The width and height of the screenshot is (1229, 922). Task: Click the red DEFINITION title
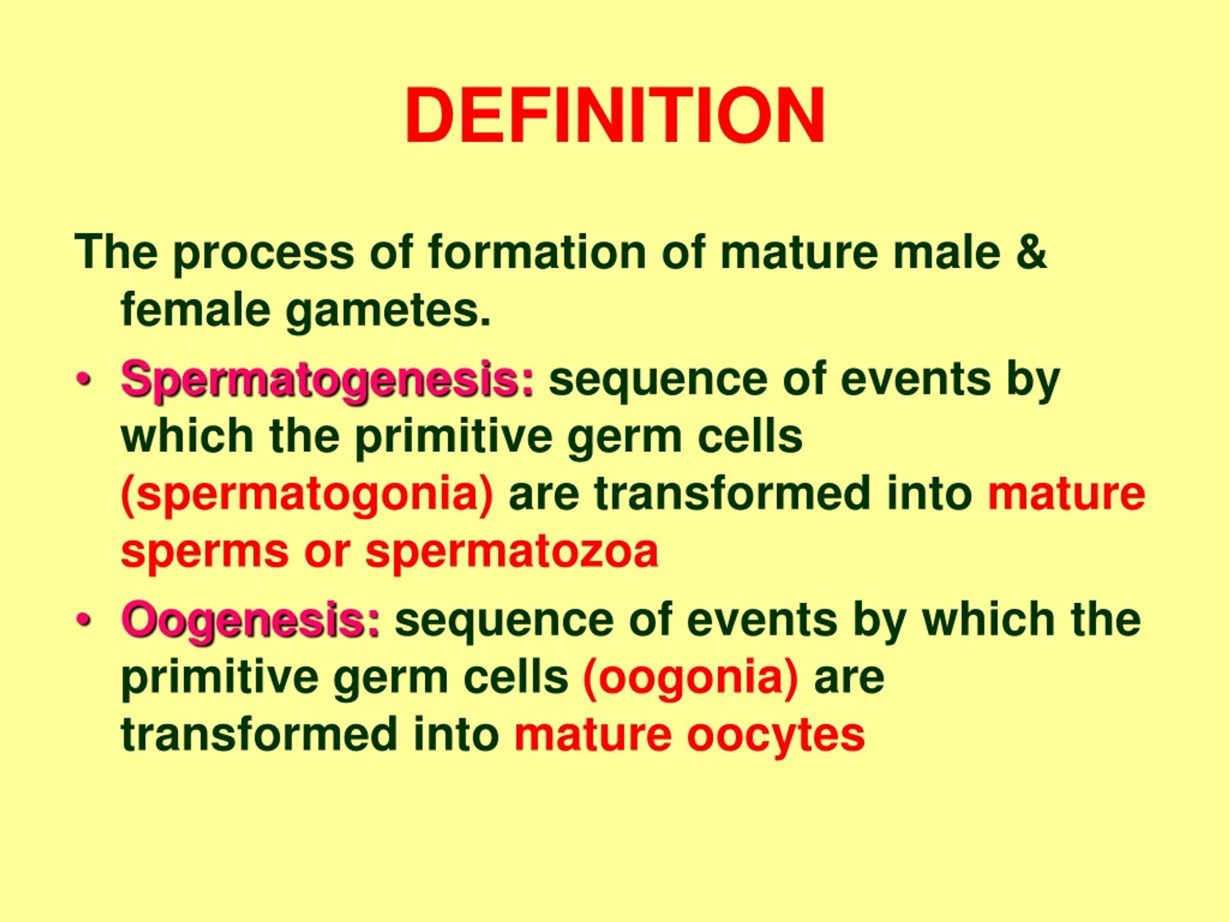coord(614,117)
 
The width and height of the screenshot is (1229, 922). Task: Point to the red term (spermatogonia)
coord(307,495)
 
